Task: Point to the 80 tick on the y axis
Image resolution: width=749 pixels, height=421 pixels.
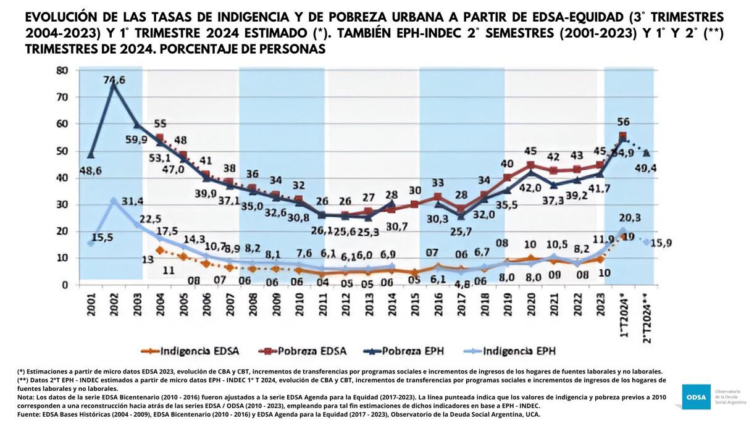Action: (x=62, y=70)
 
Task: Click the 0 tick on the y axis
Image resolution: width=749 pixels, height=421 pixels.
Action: (x=64, y=285)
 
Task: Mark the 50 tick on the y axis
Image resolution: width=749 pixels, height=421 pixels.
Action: (x=62, y=151)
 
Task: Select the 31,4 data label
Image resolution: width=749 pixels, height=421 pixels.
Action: (x=132, y=202)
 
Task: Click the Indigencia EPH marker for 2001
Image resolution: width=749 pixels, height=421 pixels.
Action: (x=91, y=243)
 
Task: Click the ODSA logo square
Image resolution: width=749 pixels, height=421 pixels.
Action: (x=695, y=397)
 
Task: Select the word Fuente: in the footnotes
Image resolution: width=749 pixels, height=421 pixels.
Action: (x=28, y=414)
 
